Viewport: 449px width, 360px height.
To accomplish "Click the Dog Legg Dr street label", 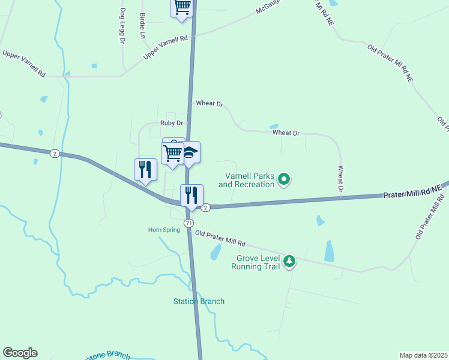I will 122,26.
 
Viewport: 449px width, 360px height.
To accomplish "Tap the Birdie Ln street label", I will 142,25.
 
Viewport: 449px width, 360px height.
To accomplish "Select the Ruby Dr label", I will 170,123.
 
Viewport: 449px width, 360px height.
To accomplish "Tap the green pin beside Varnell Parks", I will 285,178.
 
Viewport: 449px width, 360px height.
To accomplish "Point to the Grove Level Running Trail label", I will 256,263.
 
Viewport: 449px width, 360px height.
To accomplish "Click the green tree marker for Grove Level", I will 290,260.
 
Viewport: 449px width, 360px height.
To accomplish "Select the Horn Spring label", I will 164,230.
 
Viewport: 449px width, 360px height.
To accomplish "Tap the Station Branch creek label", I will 199,301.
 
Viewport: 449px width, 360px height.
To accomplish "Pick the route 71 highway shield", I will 189,223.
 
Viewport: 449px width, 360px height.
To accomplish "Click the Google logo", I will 20,353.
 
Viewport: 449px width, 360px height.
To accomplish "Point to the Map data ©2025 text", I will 423,355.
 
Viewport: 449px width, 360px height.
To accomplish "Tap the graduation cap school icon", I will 190,152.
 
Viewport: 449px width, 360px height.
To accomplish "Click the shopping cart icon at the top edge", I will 182,7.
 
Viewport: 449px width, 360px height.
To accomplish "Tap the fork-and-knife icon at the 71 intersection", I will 191,194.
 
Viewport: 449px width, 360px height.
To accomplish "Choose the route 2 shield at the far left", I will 55,154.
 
